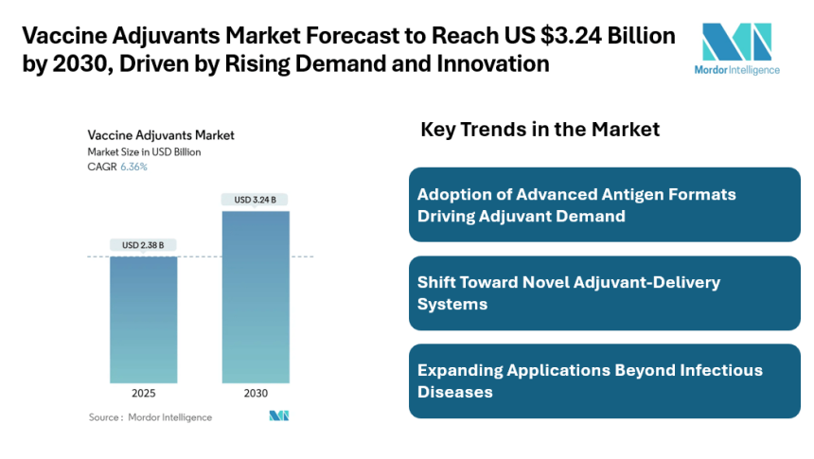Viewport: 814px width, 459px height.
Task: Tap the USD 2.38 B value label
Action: tap(143, 245)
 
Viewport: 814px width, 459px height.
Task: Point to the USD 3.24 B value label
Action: tap(256, 199)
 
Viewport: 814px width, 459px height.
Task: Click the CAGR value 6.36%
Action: tap(133, 167)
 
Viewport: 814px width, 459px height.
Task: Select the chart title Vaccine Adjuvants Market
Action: tap(161, 135)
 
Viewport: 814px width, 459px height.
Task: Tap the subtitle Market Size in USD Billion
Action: tap(144, 151)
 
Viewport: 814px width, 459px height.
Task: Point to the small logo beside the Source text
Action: tap(278, 415)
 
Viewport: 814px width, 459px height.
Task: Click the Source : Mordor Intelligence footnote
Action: tap(150, 416)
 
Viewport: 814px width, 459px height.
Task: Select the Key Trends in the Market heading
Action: tap(540, 129)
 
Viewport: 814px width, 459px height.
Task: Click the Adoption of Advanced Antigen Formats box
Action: tap(605, 204)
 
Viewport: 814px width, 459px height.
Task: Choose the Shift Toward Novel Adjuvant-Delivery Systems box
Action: tap(605, 292)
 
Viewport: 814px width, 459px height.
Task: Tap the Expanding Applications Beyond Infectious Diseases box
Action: tap(605, 380)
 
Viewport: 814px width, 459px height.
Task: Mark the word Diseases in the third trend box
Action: tap(455, 392)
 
